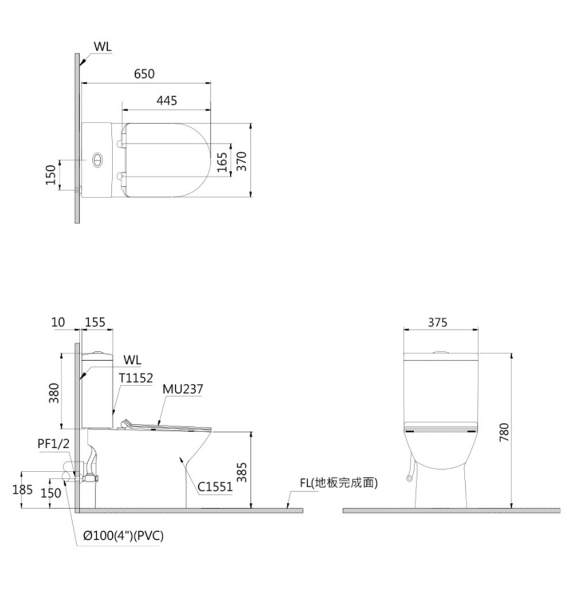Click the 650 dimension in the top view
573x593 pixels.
(144, 74)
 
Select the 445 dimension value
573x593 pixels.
(167, 101)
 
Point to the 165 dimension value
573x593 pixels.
(222, 161)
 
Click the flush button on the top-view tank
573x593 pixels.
(98, 160)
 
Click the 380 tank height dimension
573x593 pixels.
(53, 392)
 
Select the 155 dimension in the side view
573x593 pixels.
(95, 322)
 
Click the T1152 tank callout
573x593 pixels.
(136, 378)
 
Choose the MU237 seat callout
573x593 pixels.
(183, 390)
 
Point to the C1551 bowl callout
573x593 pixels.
(215, 488)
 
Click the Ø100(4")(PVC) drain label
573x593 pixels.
(123, 536)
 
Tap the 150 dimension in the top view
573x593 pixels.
(50, 174)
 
